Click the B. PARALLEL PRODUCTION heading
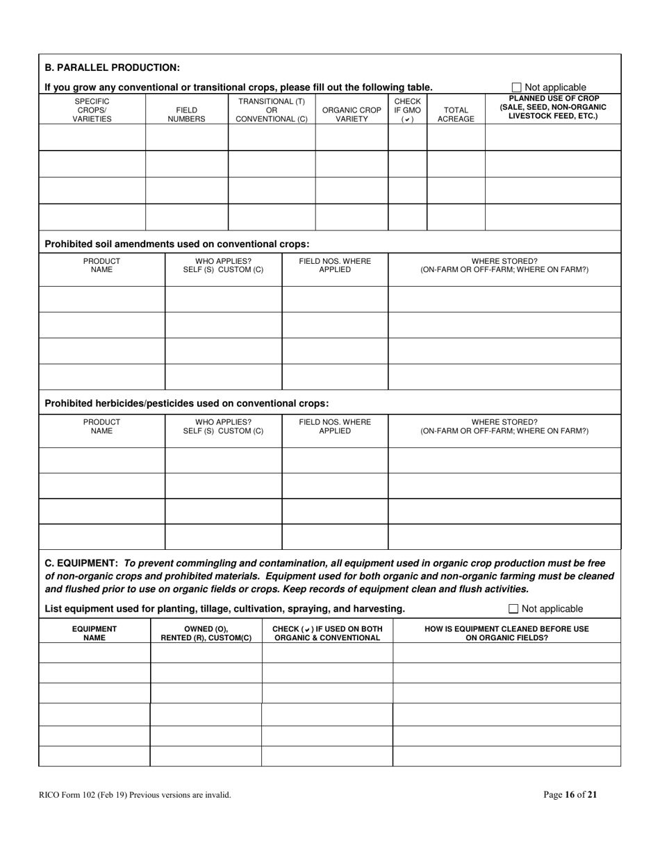coord(112,67)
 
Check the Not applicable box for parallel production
coord(516,87)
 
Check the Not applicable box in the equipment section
coord(514,609)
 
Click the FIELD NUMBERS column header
coord(186,114)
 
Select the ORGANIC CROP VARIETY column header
coord(352,114)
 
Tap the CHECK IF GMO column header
coord(407,110)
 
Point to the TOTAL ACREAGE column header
coord(455,114)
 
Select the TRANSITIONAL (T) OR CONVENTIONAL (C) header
coord(272,110)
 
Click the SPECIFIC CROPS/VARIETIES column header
coord(92,110)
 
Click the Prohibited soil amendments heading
coord(176,244)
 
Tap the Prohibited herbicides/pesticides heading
coord(186,403)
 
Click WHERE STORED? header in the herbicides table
coord(504,426)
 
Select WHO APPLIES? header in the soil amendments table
coord(223,265)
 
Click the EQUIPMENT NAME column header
coord(94,633)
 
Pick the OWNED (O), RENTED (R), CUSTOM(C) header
coord(206,633)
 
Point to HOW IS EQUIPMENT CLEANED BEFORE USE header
coord(506,633)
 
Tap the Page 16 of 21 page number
coord(570,795)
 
